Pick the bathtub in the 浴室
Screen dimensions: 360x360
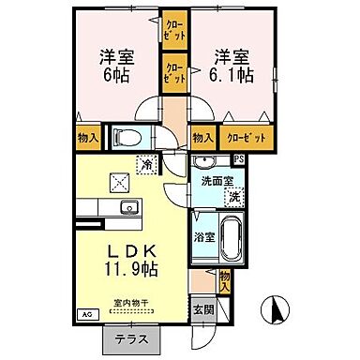click(x=231, y=238)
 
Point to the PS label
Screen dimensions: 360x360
click(x=238, y=159)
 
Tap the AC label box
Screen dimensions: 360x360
click(x=87, y=316)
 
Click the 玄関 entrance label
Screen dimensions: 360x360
click(x=202, y=309)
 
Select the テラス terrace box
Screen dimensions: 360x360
click(x=131, y=340)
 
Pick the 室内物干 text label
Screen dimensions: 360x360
click(x=131, y=303)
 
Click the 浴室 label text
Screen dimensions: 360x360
click(x=204, y=238)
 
